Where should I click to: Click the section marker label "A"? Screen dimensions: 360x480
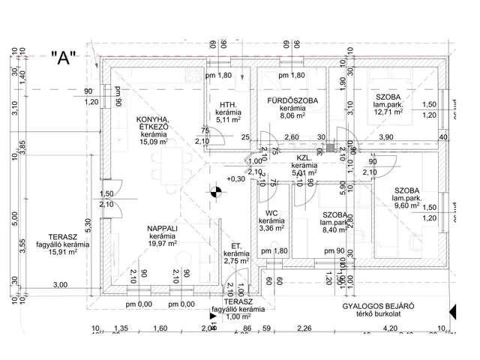click(x=63, y=59)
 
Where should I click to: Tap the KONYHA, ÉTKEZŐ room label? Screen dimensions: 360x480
click(x=152, y=124)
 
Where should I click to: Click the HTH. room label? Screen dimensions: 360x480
click(x=228, y=105)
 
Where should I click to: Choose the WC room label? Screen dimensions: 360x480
click(x=268, y=212)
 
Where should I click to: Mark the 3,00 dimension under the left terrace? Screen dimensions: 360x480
click(x=60, y=284)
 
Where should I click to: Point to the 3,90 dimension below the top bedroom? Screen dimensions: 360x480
click(x=385, y=137)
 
